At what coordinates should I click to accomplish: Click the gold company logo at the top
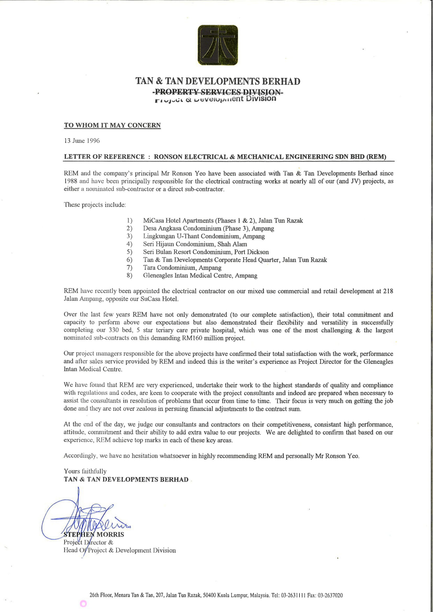[218, 45]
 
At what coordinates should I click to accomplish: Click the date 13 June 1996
[82, 141]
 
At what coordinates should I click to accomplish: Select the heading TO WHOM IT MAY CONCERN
[112, 125]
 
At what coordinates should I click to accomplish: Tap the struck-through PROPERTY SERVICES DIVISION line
[218, 92]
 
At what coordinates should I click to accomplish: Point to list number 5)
[129, 252]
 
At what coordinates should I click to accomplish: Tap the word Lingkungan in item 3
[159, 236]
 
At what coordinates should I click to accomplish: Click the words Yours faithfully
[85, 471]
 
